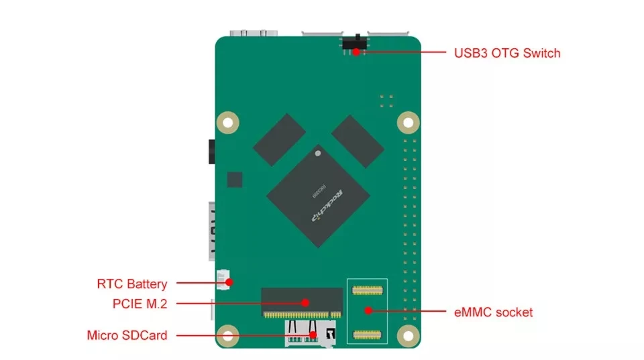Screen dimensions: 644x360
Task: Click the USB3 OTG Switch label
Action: [x=507, y=53]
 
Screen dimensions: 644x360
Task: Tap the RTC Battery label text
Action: [x=131, y=284]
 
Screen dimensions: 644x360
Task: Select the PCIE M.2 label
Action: [x=140, y=304]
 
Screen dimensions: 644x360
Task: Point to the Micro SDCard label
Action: [x=127, y=335]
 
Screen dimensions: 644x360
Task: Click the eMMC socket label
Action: [x=493, y=312]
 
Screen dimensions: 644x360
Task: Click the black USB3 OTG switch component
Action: [x=353, y=44]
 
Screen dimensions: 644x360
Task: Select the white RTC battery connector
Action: [x=223, y=278]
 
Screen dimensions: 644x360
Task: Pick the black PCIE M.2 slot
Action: [x=301, y=299]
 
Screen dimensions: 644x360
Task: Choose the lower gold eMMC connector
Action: [x=368, y=333]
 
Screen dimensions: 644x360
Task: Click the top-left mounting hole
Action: [x=229, y=123]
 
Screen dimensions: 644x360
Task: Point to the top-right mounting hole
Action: [x=407, y=123]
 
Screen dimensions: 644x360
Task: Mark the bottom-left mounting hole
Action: [x=229, y=335]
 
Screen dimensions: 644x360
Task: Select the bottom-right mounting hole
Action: [x=407, y=335]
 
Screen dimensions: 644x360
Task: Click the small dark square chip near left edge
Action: [x=234, y=179]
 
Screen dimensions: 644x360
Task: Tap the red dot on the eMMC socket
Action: [x=368, y=310]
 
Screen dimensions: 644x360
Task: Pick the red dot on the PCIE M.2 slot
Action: [x=305, y=303]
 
